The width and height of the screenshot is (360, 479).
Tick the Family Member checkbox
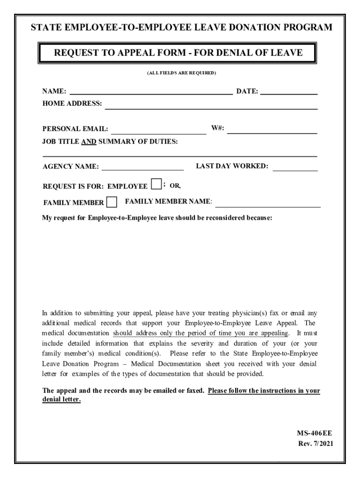click(x=112, y=202)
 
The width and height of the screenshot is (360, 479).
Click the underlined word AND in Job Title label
click(x=88, y=142)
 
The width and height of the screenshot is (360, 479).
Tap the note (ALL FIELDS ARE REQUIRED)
click(x=181, y=73)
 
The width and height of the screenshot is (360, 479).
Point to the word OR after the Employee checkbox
click(x=174, y=185)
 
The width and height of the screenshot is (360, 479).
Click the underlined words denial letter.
click(x=61, y=400)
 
